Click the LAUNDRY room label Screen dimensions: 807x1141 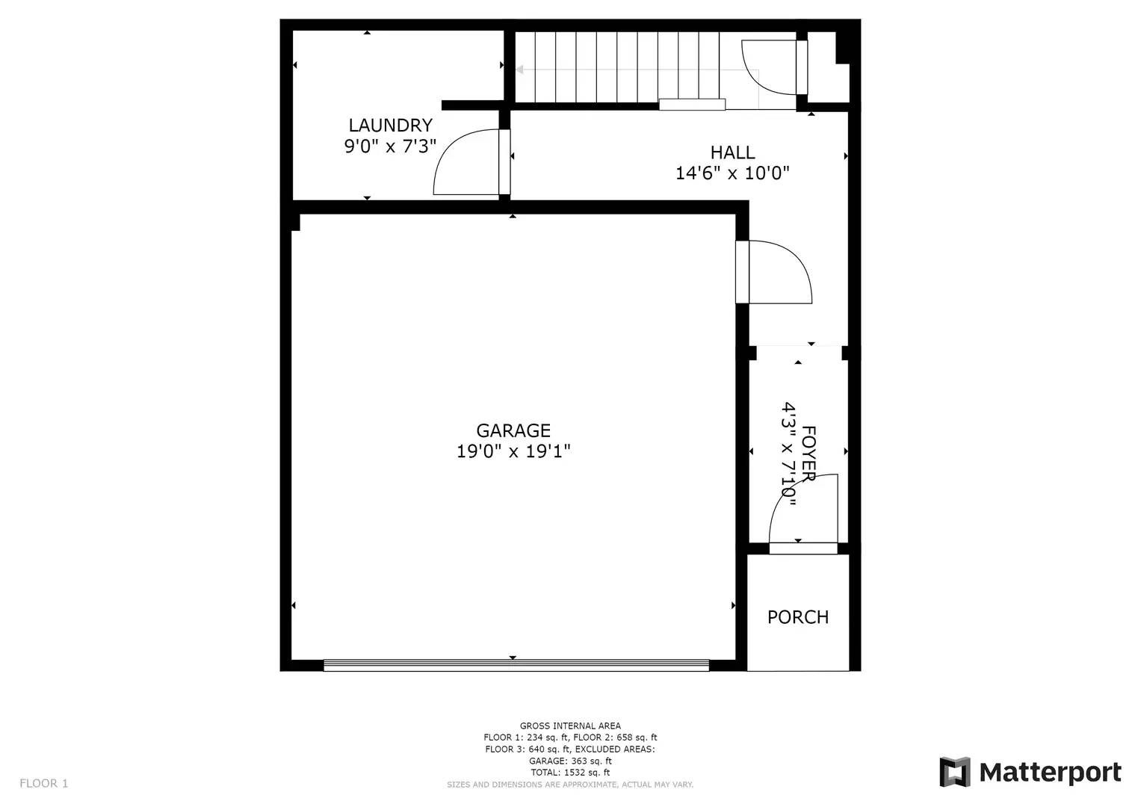tap(390, 126)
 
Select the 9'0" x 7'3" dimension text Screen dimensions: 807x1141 tap(390, 146)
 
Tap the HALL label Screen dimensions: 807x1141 tap(732, 152)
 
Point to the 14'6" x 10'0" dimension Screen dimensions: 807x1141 tap(732, 173)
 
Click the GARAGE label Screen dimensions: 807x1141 tap(513, 430)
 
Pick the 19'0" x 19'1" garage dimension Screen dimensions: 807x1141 tap(513, 451)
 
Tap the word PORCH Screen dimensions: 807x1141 tap(798, 617)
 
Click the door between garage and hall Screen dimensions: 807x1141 tap(777, 272)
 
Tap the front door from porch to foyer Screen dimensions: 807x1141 tap(804, 516)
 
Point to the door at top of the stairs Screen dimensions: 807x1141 tap(770, 67)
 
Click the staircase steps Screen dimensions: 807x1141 tap(616, 67)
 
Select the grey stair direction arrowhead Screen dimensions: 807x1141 tap(519, 70)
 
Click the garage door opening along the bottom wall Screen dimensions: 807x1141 tap(516, 665)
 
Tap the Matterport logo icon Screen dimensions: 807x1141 tap(954, 772)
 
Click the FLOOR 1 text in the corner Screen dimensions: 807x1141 tap(43, 783)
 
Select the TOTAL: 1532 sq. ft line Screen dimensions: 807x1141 tap(570, 773)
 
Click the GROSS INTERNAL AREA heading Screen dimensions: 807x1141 tap(570, 726)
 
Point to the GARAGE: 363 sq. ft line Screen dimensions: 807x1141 tap(570, 761)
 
